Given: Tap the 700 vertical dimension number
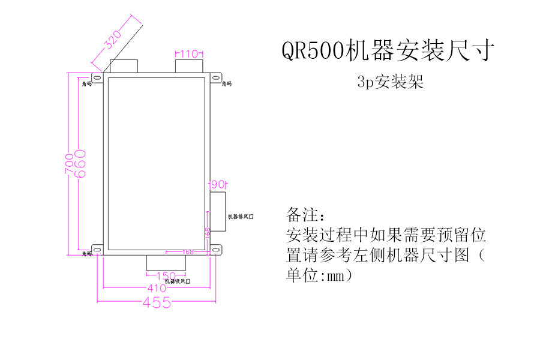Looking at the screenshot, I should pyautogui.click(x=70, y=163).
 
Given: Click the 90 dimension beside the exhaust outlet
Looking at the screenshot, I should pyautogui.click(x=217, y=184).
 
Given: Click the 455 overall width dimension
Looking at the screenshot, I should pyautogui.click(x=157, y=303).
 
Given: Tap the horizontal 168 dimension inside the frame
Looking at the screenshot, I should pyautogui.click(x=188, y=252).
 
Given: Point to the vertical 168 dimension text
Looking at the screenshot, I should pyautogui.click(x=208, y=233).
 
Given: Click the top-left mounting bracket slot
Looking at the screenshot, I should pyautogui.click(x=97, y=77).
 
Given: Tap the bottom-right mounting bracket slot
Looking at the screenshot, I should pyautogui.click(x=215, y=248).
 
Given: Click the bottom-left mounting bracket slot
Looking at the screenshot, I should pyautogui.click(x=97, y=248).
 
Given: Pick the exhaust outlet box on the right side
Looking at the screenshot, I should pyautogui.click(x=217, y=211).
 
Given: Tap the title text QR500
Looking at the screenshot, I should pyautogui.click(x=313, y=51).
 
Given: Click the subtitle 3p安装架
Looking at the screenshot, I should pyautogui.click(x=390, y=83).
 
